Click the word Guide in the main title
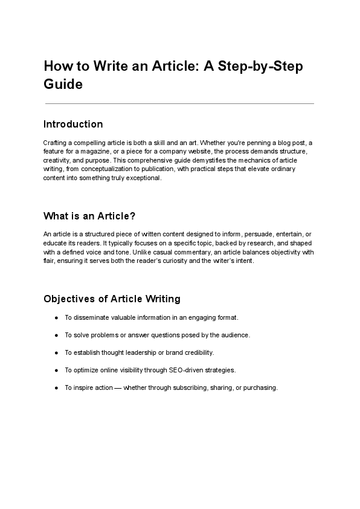[x=63, y=84]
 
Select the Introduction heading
[x=73, y=124]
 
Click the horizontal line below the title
[x=179, y=103]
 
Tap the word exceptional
[x=141, y=178]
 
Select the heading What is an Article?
[x=94, y=216]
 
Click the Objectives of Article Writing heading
[x=112, y=299]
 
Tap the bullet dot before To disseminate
[x=56, y=317]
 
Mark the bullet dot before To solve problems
[x=56, y=335]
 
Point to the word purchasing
[x=259, y=388]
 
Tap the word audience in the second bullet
[x=235, y=335]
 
